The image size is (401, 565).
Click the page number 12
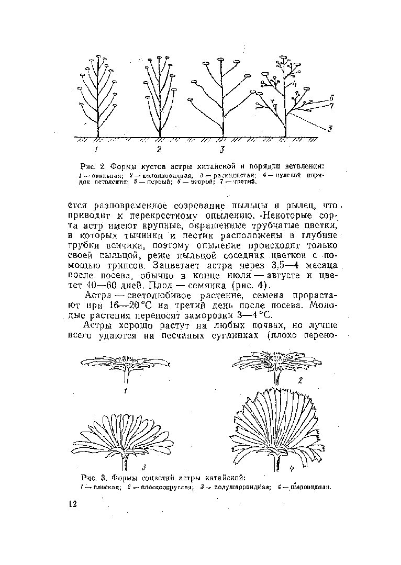(72, 503)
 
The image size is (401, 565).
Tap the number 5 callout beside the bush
(330, 129)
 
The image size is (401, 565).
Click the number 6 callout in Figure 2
(331, 98)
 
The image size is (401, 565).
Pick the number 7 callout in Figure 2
(331, 106)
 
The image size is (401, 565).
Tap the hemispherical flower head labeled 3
(126, 437)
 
